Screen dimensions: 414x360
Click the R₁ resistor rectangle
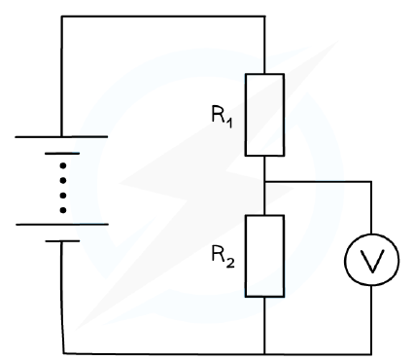coord(246,115)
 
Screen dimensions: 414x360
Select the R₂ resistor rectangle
coord(246,256)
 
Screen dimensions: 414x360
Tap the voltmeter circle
coord(345,260)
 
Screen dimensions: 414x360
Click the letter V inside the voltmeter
coord(372,260)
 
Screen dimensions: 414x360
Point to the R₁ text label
coord(222,116)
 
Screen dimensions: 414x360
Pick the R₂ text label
coord(223,257)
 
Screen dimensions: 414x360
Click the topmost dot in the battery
coord(63,166)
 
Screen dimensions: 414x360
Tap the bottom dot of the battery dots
coord(63,210)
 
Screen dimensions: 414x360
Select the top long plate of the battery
coord(61,137)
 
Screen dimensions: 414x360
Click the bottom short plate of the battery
coord(62,241)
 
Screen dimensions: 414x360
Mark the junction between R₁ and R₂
coord(264,182)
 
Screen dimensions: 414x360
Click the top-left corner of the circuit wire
coord(61,16)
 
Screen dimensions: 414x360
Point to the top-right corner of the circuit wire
coord(264,16)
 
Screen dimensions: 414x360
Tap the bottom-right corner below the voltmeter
coord(371,354)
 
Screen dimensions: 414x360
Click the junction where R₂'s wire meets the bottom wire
coord(264,353)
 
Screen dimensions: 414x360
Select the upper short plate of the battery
coord(62,154)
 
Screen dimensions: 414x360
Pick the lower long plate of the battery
coord(62,224)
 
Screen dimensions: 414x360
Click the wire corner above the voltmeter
coord(371,182)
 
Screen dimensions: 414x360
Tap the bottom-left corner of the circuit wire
coord(63,352)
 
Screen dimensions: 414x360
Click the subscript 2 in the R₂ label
coord(230,264)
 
